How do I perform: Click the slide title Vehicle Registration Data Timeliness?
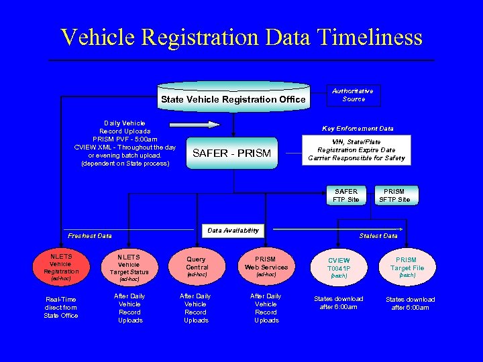[x=241, y=37]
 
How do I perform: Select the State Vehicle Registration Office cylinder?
[x=233, y=98]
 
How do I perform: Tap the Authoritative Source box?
[x=354, y=95]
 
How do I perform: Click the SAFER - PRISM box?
[x=231, y=154]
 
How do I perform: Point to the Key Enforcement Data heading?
[x=358, y=128]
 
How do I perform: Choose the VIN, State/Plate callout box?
[x=356, y=150]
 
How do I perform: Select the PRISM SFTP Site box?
[x=394, y=195]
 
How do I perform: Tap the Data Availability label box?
[x=233, y=231]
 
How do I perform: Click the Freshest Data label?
[x=90, y=235]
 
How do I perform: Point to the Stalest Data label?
[x=378, y=235]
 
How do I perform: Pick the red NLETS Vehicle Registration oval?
[x=61, y=266]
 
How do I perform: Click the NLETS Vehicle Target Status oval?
[x=129, y=266]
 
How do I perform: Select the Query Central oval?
[x=197, y=266]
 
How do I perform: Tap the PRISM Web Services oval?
[x=266, y=266]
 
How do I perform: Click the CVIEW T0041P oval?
[x=339, y=266]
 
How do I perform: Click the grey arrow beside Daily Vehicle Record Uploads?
[x=194, y=124]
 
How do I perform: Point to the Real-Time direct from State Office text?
[x=61, y=307]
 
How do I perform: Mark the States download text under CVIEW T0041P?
[x=339, y=303]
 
